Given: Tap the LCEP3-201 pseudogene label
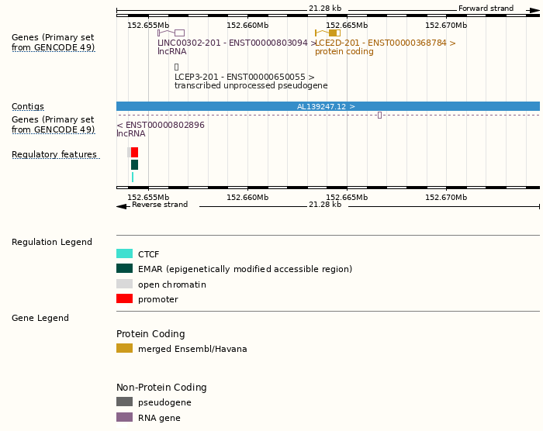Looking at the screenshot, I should pyautogui.click(x=244, y=78).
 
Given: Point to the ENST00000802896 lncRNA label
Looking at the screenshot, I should pyautogui.click(x=161, y=125).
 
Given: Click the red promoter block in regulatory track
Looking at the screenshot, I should pyautogui.click(x=135, y=152).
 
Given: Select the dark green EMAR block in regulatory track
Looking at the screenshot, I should pyautogui.click(x=135, y=164).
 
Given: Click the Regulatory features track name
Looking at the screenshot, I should pyautogui.click(x=54, y=155).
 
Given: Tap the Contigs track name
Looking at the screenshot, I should pyautogui.click(x=28, y=106).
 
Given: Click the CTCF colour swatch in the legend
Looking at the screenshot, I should pyautogui.click(x=124, y=253).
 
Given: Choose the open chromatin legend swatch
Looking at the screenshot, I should pyautogui.click(x=124, y=284).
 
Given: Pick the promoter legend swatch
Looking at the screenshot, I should pyautogui.click(x=124, y=299).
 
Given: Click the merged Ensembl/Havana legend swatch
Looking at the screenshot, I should pyautogui.click(x=124, y=349).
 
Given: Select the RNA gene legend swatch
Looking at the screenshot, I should pyautogui.click(x=124, y=417).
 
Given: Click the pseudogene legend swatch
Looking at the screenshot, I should pyautogui.click(x=124, y=402).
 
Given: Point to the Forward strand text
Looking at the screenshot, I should pyautogui.click(x=486, y=9).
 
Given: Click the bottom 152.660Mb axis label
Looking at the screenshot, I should pyautogui.click(x=247, y=198).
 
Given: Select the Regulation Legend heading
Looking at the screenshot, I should pyautogui.click(x=52, y=242).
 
